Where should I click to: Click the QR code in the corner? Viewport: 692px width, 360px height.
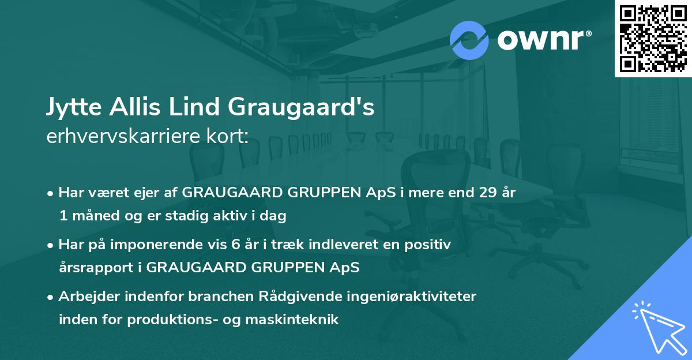(x=653, y=39)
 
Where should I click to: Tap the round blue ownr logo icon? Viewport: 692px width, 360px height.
(x=469, y=39)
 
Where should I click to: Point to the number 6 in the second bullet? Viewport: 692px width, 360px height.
(x=235, y=245)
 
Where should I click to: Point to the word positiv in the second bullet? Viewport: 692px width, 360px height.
(x=430, y=245)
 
